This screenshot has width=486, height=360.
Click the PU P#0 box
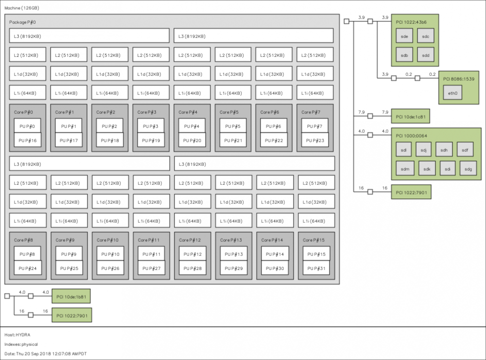click(27, 126)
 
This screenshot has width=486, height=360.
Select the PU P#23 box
click(315, 141)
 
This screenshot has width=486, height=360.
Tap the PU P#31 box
click(316, 269)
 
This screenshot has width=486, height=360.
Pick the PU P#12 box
click(192, 254)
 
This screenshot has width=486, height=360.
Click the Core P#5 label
click(229, 112)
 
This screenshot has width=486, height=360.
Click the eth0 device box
click(452, 93)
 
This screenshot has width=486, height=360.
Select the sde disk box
click(404, 36)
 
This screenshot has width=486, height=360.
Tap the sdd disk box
click(426, 55)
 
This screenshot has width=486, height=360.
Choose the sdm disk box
click(405, 169)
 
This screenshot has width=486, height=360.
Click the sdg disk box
click(468, 169)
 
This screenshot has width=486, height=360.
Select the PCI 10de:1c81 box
click(411, 116)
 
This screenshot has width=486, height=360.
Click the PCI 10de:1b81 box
click(71, 296)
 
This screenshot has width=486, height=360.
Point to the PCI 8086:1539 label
click(458, 79)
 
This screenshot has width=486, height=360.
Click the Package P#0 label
click(22, 22)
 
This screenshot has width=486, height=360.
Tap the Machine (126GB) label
click(22, 8)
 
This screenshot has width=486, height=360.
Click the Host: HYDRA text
click(17, 335)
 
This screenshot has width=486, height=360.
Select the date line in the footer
click(46, 354)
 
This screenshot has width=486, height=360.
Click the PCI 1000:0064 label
click(411, 136)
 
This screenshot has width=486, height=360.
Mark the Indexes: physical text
click(21, 344)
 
